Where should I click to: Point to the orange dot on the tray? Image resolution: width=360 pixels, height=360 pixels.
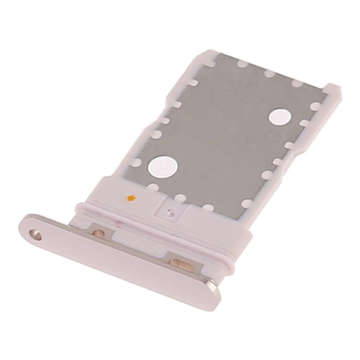pos(132,196)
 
